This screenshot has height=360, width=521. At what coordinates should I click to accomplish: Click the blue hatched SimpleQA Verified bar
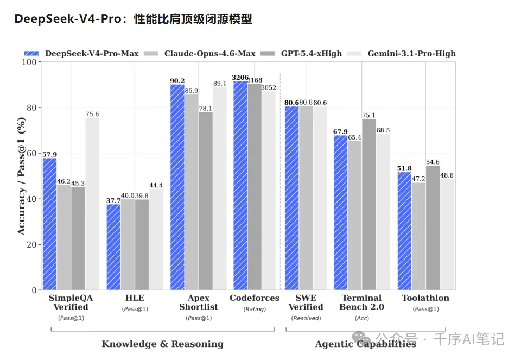click(49, 224)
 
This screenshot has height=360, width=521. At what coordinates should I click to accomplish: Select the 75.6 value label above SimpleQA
click(92, 114)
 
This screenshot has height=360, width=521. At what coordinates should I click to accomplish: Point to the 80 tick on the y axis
click(31, 108)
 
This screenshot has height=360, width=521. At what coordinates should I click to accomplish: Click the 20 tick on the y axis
click(31, 245)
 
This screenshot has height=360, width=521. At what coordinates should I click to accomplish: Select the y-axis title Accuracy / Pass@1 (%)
click(21, 176)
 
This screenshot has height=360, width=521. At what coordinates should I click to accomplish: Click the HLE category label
click(135, 298)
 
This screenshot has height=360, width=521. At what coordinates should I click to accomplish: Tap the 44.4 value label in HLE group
click(156, 185)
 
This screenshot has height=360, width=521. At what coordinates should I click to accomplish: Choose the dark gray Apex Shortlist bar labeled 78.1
click(206, 201)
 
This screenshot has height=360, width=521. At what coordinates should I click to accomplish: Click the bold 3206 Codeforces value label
click(240, 78)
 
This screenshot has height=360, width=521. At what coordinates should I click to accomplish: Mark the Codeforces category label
click(255, 298)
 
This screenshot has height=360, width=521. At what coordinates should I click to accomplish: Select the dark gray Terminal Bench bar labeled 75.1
click(369, 204)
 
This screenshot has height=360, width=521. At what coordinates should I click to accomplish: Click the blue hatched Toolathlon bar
click(404, 231)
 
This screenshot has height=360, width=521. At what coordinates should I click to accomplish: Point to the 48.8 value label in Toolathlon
click(447, 175)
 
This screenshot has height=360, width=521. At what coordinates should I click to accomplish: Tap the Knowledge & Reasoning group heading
click(162, 344)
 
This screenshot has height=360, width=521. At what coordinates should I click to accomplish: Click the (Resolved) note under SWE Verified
click(306, 318)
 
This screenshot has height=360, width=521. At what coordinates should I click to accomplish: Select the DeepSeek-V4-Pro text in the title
click(68, 18)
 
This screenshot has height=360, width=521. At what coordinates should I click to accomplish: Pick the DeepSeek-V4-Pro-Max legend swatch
click(31, 54)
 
